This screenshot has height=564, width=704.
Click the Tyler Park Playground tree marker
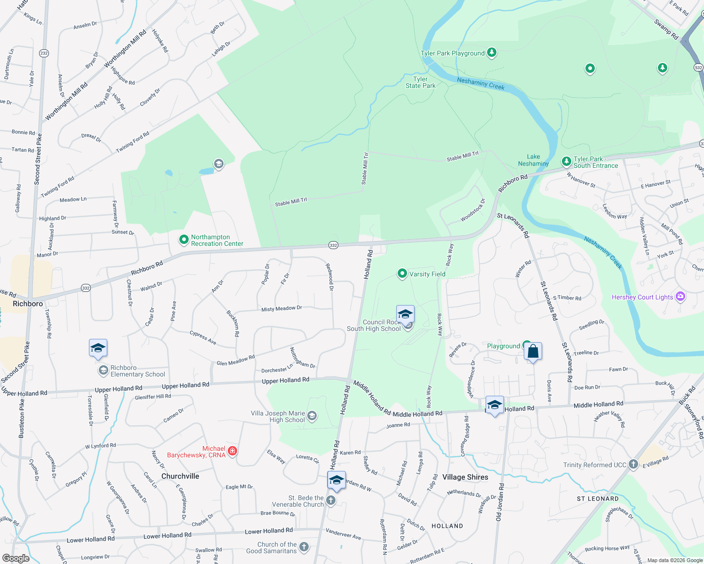tap(492, 52)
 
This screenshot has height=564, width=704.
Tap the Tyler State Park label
tap(420, 82)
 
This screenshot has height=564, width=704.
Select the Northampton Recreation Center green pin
tap(184, 240)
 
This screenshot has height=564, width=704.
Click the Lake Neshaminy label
tap(533, 160)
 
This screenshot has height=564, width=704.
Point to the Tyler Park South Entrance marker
tap(567, 162)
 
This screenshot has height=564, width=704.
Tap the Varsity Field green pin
tap(402, 274)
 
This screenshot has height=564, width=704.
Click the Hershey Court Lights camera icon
tap(680, 297)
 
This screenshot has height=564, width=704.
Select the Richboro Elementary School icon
tap(103, 371)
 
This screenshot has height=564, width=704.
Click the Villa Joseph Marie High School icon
tap(312, 416)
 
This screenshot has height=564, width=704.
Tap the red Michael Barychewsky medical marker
tap(232, 452)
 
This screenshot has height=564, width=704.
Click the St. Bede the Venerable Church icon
tap(331, 501)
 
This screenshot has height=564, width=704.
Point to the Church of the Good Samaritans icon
tap(304, 547)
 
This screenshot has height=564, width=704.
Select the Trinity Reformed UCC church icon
tap(633, 464)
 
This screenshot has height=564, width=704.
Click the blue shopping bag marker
tap(533, 352)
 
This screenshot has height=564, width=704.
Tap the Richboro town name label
tap(28, 304)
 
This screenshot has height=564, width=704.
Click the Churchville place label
tap(180, 476)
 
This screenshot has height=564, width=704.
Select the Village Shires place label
tap(465, 477)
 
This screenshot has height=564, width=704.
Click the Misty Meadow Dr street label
tap(281, 309)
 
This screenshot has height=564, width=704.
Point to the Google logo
tap(16, 558)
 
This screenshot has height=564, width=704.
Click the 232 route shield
tap(44, 53)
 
